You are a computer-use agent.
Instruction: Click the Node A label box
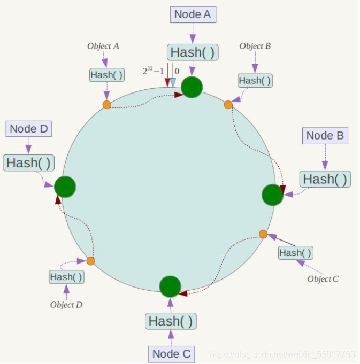tap(193, 14)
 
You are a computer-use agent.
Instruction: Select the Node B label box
tap(325, 136)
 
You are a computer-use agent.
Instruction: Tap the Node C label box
tap(171, 353)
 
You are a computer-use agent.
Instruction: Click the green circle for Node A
tap(192, 87)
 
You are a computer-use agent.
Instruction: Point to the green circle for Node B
tap(272, 195)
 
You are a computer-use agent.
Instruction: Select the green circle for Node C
tap(170, 286)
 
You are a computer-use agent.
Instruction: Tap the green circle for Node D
tap(65, 187)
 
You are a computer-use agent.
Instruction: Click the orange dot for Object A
tap(107, 105)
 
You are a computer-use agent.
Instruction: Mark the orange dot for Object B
tap(228, 105)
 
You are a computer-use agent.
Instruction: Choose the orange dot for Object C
tap(263, 234)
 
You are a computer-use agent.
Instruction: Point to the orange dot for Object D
tap(90, 261)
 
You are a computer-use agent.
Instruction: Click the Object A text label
tap(103, 47)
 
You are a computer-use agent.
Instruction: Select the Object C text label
tap(323, 279)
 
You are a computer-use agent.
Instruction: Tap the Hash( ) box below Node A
tap(193, 52)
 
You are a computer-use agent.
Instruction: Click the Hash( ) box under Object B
tap(255, 81)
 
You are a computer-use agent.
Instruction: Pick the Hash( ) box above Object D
tap(66, 277)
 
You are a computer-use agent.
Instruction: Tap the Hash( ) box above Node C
tap(171, 321)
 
